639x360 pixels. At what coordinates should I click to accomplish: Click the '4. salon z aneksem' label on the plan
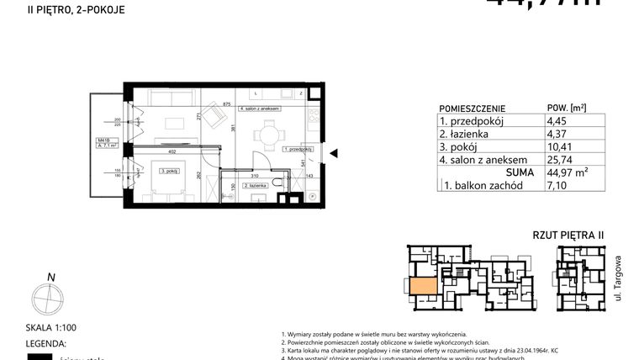point(259,109)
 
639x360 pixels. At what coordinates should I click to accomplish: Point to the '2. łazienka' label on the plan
point(254,185)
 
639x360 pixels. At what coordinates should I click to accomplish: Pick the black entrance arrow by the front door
point(333,153)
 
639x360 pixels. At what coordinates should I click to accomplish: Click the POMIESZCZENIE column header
point(472,109)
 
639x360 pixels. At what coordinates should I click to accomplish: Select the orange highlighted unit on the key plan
point(423,285)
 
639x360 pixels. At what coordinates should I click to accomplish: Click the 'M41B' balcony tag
point(103,140)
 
